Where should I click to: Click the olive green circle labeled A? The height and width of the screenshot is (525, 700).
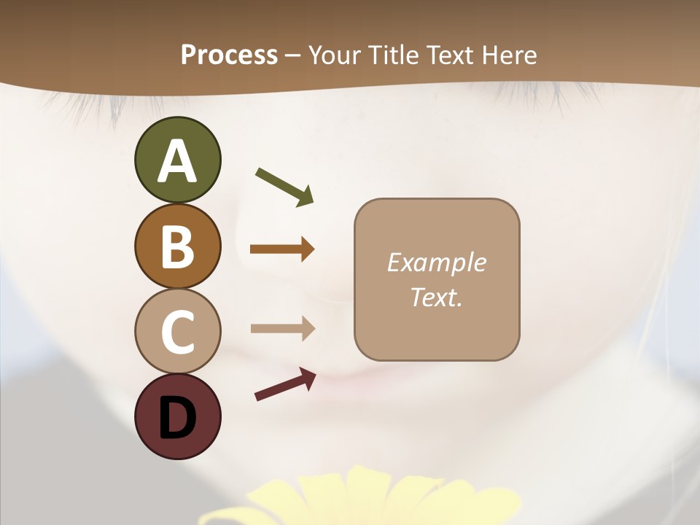(177, 160)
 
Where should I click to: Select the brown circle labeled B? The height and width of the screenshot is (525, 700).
(177, 246)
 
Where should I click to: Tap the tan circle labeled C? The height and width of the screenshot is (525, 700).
(177, 331)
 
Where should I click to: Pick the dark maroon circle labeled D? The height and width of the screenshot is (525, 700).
(177, 416)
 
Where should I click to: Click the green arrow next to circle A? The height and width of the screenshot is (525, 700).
(284, 187)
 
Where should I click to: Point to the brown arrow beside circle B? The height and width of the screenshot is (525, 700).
(282, 249)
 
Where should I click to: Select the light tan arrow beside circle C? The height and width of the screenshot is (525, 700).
(282, 328)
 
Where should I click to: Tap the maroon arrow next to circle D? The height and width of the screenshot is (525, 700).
(285, 384)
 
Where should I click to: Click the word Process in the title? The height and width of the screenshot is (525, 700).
(229, 55)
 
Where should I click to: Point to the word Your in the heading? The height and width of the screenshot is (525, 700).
(334, 55)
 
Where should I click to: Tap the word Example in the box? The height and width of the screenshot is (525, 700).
(436, 262)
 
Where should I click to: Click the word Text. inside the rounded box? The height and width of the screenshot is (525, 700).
(436, 297)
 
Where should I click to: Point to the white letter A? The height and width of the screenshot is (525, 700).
(177, 162)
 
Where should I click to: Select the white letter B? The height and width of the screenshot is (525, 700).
(177, 246)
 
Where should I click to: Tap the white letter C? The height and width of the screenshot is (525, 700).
(177, 332)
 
